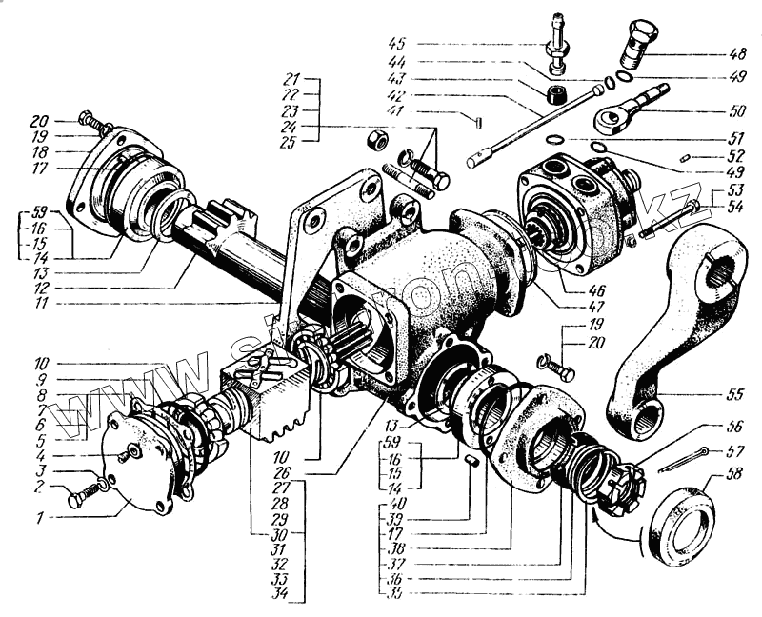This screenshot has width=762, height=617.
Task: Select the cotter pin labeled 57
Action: click(682, 460)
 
